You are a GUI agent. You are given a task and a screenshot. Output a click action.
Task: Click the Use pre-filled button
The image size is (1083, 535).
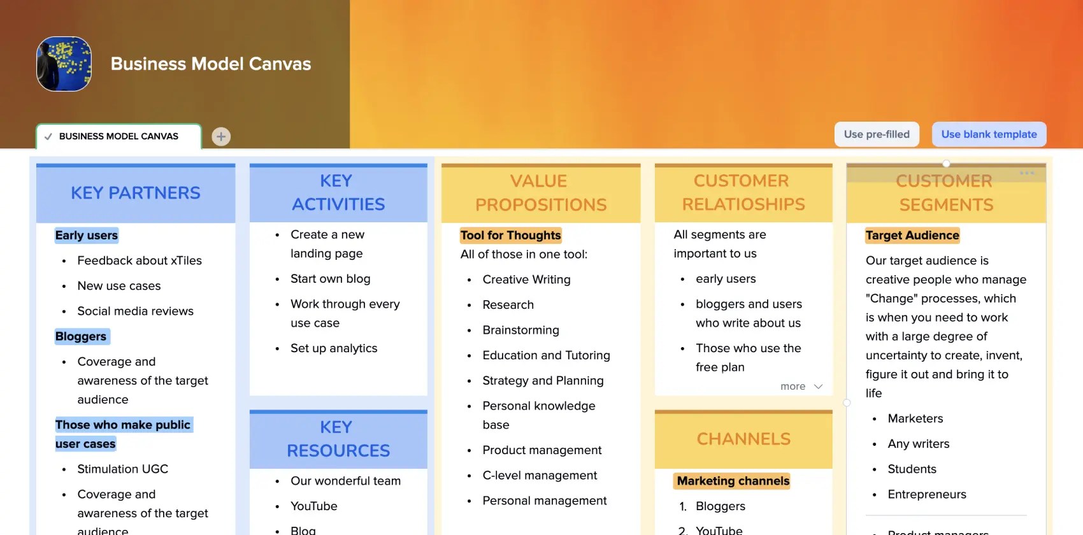point(877,134)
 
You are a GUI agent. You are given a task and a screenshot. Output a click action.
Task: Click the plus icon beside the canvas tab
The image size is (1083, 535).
point(221,136)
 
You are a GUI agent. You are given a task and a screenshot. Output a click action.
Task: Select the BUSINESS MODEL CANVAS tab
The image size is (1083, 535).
point(118,136)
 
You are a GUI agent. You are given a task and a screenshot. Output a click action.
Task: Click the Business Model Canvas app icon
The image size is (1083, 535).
point(64,64)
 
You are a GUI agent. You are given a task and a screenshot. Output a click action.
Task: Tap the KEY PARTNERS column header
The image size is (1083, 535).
point(136,193)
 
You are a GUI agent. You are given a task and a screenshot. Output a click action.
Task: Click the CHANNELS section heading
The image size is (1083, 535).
point(743,439)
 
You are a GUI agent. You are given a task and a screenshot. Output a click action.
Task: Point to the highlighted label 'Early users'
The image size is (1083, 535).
point(87,235)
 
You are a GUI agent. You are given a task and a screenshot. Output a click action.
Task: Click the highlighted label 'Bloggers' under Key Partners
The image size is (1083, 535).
point(81,336)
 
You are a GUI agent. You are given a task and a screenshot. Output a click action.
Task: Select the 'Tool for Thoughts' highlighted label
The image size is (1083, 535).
point(510,235)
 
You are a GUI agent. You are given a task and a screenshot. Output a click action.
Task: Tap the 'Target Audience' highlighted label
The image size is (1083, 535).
point(912,235)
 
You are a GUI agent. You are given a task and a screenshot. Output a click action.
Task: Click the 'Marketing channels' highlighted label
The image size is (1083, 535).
point(733,481)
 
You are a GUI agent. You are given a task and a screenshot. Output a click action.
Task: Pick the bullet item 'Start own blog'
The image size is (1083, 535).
point(330,279)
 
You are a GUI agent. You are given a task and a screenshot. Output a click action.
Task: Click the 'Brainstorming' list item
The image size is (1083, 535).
point(520,330)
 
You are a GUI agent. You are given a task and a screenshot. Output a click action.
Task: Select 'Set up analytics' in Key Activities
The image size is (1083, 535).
point(334,348)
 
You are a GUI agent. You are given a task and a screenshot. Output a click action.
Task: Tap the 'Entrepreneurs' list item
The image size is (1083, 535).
point(927,494)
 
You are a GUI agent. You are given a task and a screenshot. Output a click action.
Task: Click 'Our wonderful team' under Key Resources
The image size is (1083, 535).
point(345,481)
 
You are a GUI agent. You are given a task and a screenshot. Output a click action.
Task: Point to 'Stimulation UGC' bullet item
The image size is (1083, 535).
point(123,469)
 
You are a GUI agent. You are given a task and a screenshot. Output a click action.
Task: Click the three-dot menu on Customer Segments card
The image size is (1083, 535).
point(1026,173)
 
